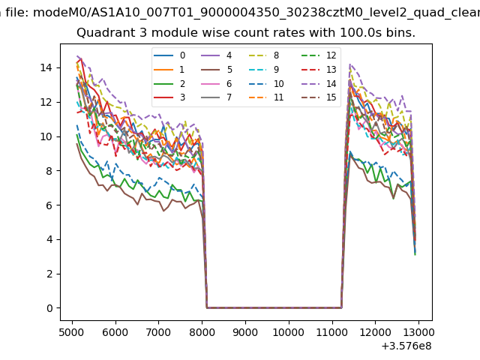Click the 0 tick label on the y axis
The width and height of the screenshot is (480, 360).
(50, 308)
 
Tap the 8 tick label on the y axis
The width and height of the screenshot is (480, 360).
(50, 171)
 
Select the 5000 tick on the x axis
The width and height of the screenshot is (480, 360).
(72, 320)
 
